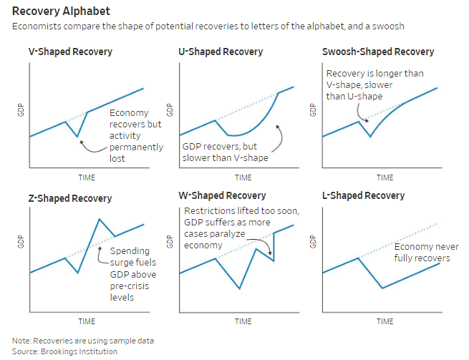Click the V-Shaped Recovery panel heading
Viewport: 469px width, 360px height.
(69, 52)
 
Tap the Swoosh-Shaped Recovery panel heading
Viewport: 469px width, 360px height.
(379, 52)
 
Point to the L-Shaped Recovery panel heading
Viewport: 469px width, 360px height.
(363, 196)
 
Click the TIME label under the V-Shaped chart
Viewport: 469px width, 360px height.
(87, 177)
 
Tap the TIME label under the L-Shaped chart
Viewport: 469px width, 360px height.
(385, 321)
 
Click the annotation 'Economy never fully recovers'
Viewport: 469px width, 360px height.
(422, 252)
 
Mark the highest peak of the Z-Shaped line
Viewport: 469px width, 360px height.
(99, 219)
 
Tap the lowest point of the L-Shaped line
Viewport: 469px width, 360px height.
(382, 288)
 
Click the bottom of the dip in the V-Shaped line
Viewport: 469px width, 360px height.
(77, 134)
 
